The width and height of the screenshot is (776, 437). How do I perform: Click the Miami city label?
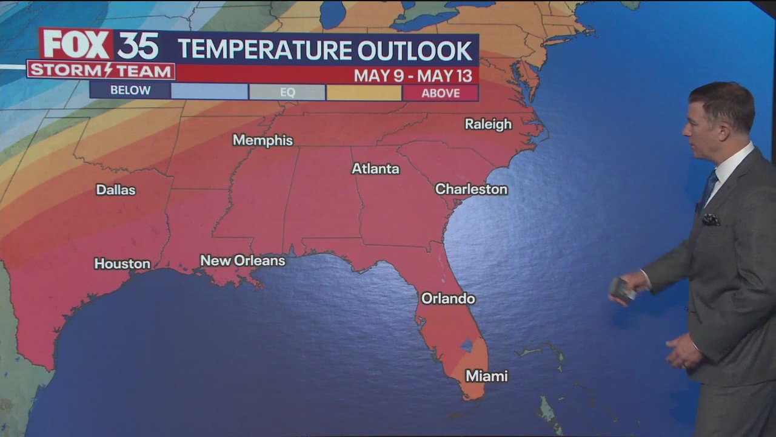[x=486, y=376]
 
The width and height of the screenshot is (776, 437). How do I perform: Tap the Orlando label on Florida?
[x=448, y=299]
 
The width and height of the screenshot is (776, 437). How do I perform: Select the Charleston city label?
[x=471, y=189]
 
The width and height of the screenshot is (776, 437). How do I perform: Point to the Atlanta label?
[x=375, y=169]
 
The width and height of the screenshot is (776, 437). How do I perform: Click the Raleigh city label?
[x=488, y=124]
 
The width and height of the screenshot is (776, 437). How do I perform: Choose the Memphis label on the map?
[x=263, y=140]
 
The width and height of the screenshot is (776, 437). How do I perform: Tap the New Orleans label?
[x=242, y=260]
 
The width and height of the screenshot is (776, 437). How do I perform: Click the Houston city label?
[x=122, y=263]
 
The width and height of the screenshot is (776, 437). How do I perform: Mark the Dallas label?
[x=116, y=190]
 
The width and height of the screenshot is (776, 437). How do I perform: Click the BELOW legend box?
[x=130, y=91]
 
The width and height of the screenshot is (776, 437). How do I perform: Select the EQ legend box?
[x=287, y=92]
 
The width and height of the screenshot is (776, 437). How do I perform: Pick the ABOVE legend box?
[x=441, y=93]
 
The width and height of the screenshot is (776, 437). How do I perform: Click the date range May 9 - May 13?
[x=412, y=75]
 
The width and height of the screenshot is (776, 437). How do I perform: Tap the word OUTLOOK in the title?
[x=415, y=50]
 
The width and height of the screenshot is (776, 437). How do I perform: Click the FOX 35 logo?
[x=101, y=45]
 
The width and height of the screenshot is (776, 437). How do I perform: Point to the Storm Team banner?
[x=101, y=71]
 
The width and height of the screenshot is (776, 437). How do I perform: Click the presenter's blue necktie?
[x=708, y=188]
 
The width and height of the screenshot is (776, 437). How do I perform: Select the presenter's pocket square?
[x=711, y=219]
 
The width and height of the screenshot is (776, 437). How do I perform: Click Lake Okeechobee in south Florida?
[x=466, y=345]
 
